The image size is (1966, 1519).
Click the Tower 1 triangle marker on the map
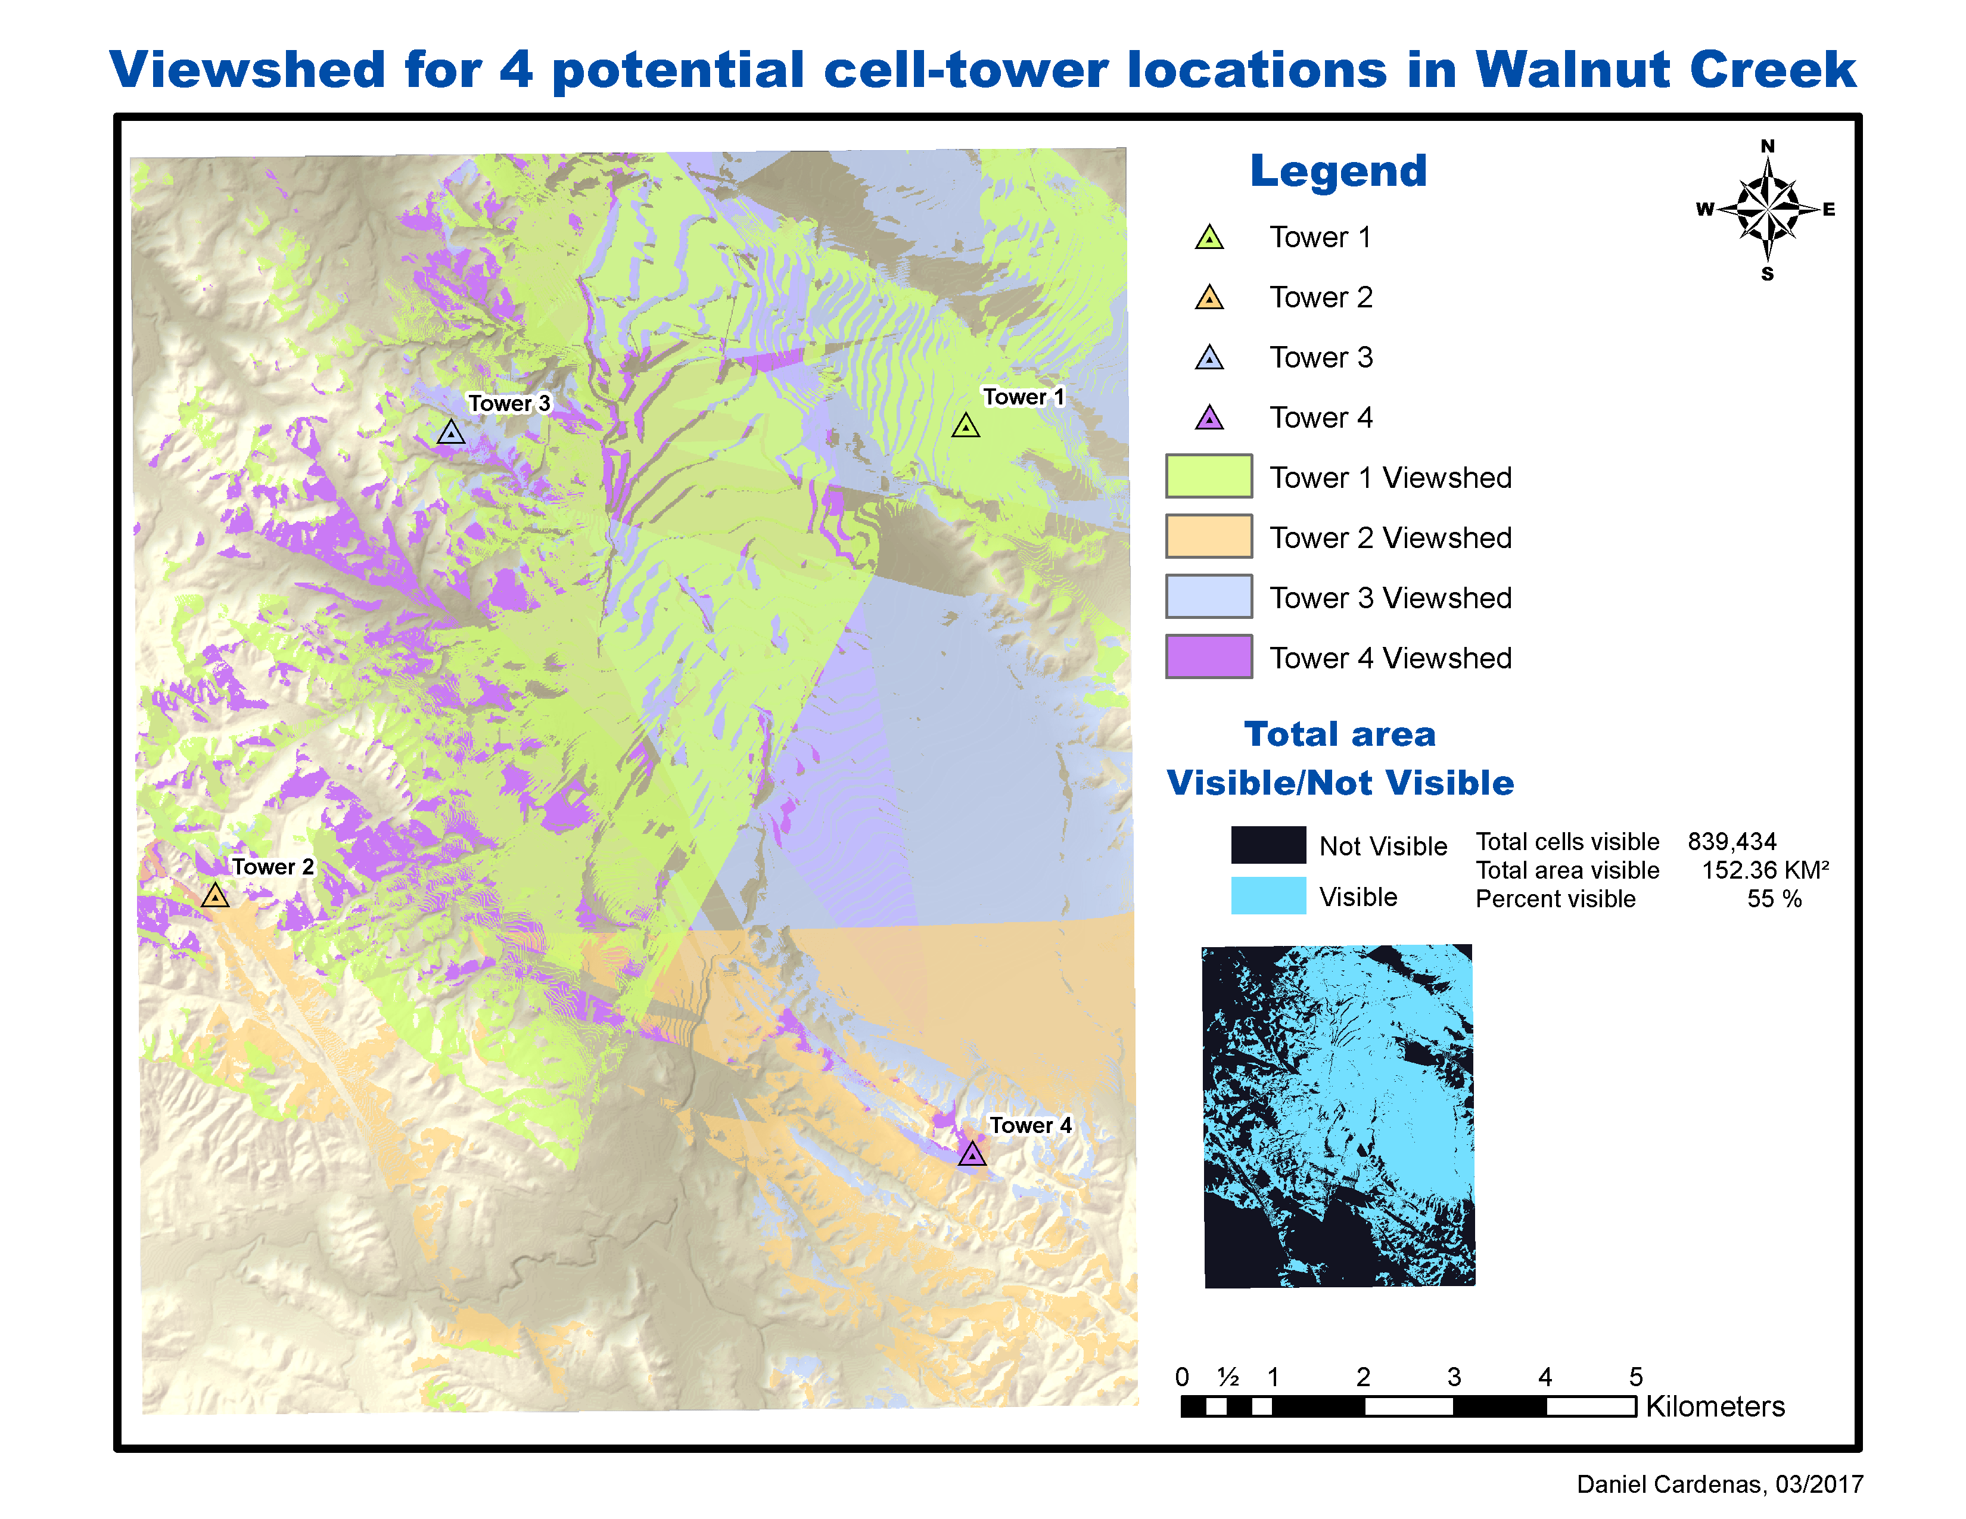(x=965, y=427)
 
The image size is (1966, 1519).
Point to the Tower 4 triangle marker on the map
(x=971, y=1154)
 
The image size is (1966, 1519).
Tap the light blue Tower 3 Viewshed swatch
(x=1208, y=597)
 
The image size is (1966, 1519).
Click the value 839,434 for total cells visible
(x=1731, y=841)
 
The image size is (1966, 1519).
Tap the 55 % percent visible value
(x=1774, y=899)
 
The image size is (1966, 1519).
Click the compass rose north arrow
(x=1767, y=208)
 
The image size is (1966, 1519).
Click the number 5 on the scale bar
(x=1635, y=1377)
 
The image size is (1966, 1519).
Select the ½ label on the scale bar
(x=1228, y=1377)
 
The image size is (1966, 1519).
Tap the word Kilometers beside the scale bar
(x=1715, y=1406)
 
